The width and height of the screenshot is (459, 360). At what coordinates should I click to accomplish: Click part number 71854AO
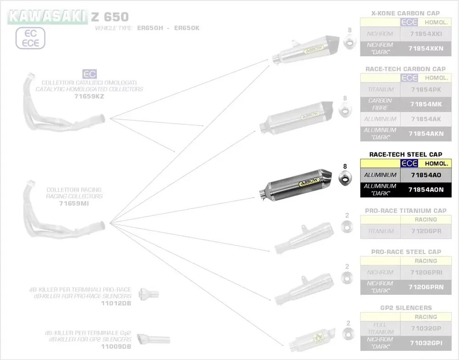[426, 175]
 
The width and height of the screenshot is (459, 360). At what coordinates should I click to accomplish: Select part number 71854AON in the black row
[426, 190]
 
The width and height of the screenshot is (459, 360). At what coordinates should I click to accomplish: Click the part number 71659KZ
[89, 97]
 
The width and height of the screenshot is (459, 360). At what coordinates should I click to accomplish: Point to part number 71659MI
[74, 203]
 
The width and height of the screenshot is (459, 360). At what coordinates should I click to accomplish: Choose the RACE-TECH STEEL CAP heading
[406, 155]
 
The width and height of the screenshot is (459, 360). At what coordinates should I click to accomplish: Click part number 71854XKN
[426, 48]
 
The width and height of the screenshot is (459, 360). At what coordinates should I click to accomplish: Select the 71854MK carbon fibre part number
[426, 104]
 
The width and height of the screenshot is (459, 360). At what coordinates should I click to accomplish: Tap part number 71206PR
[426, 231]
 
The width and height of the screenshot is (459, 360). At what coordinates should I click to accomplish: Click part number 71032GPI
[426, 343]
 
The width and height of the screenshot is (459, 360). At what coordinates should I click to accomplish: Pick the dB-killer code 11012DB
[116, 304]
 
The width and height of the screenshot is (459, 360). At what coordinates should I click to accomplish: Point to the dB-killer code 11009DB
[116, 346]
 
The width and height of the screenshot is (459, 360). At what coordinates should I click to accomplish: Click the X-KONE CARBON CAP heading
[405, 13]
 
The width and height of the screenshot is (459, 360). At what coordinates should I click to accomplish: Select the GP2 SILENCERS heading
[406, 308]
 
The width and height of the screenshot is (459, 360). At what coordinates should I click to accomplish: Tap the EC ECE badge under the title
[31, 39]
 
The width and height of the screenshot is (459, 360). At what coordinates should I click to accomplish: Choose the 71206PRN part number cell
[426, 287]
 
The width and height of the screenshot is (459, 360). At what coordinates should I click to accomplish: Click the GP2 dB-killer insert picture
[153, 339]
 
